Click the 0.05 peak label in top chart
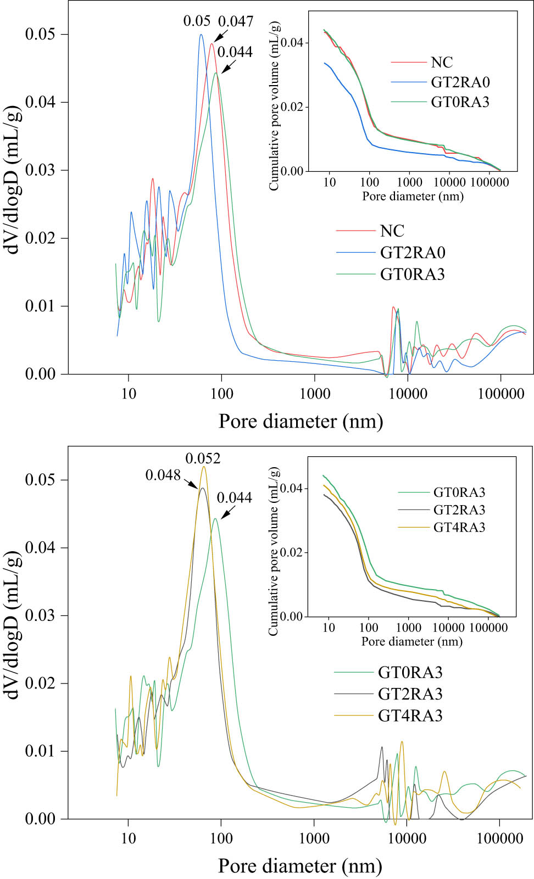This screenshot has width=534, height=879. tap(197, 21)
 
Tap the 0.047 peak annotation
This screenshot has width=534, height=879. tap(236, 21)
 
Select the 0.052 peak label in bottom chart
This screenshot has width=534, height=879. tap(203, 458)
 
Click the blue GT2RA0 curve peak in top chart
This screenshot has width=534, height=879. tap(201, 35)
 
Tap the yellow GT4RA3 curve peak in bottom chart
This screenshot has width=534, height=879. tap(204, 467)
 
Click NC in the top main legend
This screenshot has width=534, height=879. tap(392, 231)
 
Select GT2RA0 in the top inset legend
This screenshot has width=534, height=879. tap(460, 82)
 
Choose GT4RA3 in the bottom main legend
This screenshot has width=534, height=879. tap(410, 716)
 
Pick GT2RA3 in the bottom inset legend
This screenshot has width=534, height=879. tap(459, 510)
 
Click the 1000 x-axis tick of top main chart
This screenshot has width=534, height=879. tap(315, 394)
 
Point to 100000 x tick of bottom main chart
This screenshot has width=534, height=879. tap(499, 838)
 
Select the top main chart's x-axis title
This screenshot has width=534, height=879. tap(301, 421)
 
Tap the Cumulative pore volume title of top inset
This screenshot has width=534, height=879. tap(274, 106)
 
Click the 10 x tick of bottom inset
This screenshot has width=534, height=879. tap(329, 627)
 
